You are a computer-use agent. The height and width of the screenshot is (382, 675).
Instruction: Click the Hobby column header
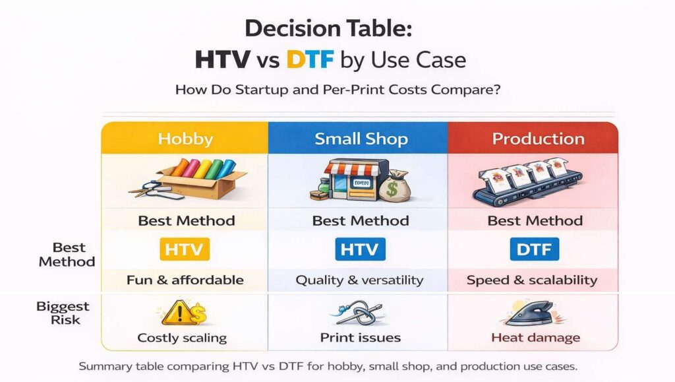click(x=185, y=139)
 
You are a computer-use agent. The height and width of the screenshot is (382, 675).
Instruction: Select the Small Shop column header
click(x=361, y=139)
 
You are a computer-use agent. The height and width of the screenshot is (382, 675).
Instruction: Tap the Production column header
click(x=538, y=139)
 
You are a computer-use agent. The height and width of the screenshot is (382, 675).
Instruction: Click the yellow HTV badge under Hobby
click(x=185, y=249)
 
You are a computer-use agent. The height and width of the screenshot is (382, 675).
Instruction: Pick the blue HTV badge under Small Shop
click(x=359, y=249)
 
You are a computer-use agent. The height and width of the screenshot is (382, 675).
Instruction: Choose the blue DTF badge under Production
click(x=535, y=249)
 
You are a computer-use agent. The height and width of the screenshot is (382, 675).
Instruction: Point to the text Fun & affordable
click(x=185, y=280)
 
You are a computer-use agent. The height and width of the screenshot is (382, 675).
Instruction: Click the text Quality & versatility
click(x=359, y=280)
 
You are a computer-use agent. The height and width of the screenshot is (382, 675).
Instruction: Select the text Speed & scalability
click(x=532, y=280)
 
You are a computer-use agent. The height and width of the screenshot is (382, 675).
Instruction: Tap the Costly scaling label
click(x=182, y=338)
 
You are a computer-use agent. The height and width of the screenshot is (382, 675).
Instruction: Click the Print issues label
click(x=360, y=338)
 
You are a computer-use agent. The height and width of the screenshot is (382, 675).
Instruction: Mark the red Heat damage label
click(x=535, y=338)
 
